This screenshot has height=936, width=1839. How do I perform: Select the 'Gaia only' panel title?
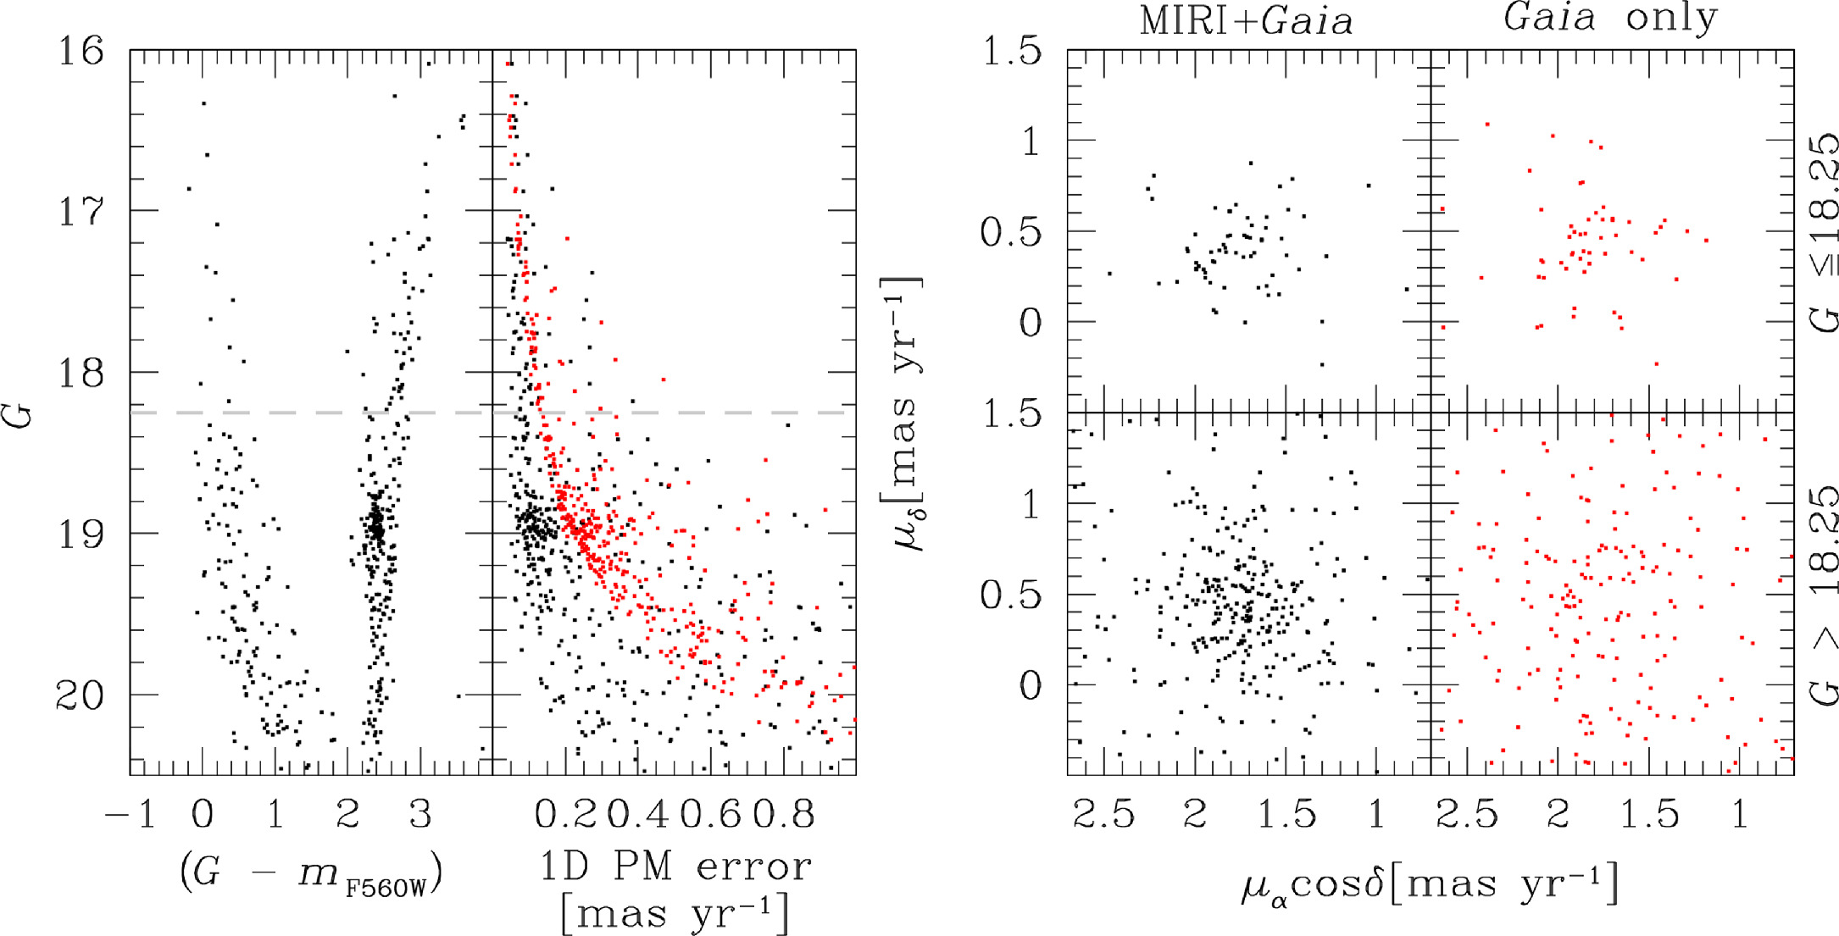(x=1610, y=17)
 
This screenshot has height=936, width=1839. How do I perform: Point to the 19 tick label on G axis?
(x=81, y=534)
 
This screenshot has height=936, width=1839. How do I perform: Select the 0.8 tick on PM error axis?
(x=783, y=815)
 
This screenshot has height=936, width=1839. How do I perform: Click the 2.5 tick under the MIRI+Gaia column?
(x=1103, y=815)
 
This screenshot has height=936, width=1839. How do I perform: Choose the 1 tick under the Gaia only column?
(x=1739, y=815)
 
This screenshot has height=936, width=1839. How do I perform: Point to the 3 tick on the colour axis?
(x=420, y=815)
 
